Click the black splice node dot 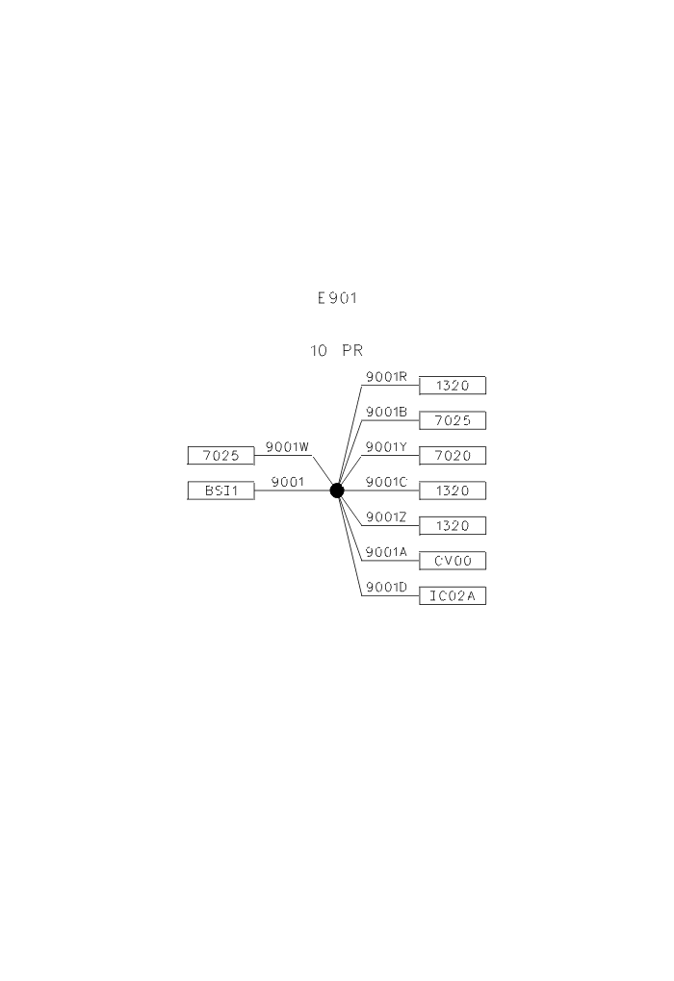(337, 490)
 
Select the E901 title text (337, 298)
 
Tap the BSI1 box (221, 490)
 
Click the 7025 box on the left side (221, 456)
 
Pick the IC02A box (453, 595)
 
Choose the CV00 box (453, 561)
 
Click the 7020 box (453, 456)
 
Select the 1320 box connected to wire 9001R (453, 386)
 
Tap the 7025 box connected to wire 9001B (453, 420)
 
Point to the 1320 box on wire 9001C (453, 490)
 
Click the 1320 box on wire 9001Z (453, 525)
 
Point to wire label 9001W (288, 446)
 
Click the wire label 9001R (386, 377)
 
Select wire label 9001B (386, 412)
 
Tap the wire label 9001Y (386, 446)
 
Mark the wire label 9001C (386, 482)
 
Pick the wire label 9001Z (386, 516)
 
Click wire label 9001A (386, 552)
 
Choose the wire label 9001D (386, 587)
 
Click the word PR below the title (352, 350)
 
